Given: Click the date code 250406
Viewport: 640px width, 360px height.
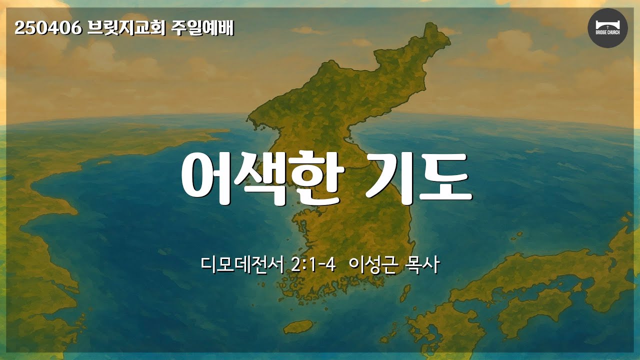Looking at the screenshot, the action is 48,28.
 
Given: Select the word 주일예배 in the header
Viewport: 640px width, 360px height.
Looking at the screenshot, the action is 202,28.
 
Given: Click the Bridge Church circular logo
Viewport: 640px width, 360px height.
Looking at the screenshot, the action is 607,28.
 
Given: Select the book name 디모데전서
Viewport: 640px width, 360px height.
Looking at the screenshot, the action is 242,265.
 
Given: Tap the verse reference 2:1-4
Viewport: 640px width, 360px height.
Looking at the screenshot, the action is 313,265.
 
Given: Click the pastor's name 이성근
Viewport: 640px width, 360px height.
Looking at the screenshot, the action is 373,265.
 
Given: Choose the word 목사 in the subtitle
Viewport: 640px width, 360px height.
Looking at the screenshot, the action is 421,265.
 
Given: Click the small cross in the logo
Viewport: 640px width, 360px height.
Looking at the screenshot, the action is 607,26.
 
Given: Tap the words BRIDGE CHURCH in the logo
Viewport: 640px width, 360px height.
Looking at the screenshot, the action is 607,32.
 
